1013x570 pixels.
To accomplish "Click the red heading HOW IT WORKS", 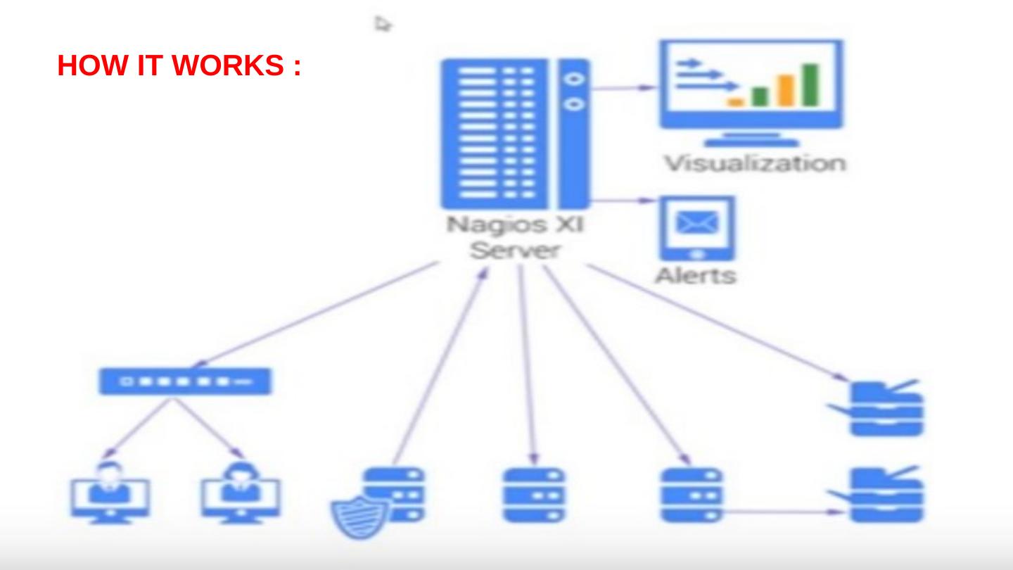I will (x=179, y=66).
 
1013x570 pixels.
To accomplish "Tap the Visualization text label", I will (x=755, y=163).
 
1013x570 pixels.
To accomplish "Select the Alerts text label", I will (x=695, y=275).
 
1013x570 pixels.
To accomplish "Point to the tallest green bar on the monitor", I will (x=811, y=84).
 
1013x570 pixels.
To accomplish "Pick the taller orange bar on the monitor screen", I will (x=786, y=89).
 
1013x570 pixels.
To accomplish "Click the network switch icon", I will (x=184, y=381).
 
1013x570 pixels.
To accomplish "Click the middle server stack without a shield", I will (x=533, y=495).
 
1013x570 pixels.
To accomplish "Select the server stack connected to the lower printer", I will (x=691, y=495).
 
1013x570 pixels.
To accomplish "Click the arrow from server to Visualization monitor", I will (x=622, y=88).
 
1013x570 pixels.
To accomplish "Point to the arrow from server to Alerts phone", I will (x=622, y=200).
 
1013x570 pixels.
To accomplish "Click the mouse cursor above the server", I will (x=382, y=24).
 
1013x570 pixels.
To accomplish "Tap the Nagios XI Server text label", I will (x=516, y=238).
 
